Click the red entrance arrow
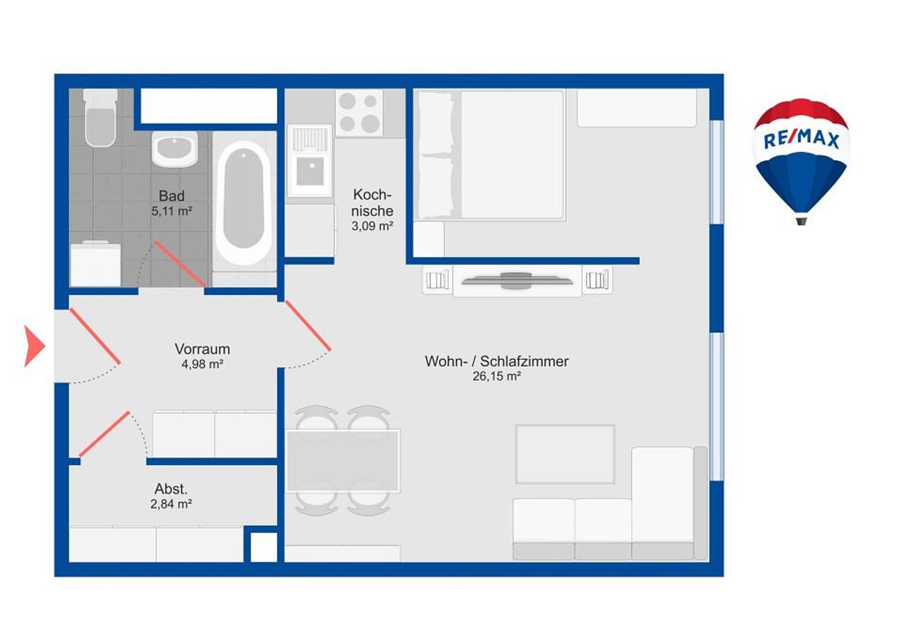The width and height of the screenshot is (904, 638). tap(35, 346)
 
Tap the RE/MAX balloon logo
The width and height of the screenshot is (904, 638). tap(802, 162)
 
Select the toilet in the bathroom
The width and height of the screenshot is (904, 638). tap(100, 118)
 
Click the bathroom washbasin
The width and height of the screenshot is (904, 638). tap(174, 148)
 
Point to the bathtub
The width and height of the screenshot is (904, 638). tap(243, 203)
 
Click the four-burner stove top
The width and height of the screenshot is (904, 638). tap(359, 112)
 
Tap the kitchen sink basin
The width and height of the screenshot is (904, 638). tap(310, 171)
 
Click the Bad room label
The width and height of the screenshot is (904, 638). tap(172, 196)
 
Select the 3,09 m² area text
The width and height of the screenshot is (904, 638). tap(372, 226)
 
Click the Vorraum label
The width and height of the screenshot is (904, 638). tap(202, 349)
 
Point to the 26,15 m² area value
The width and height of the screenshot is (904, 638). tap(496, 376)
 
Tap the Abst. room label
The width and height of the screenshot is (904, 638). tap(171, 489)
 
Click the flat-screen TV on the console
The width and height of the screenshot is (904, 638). tap(516, 281)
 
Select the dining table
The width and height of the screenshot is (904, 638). tap(343, 461)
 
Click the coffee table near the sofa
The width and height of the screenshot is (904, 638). tap(566, 454)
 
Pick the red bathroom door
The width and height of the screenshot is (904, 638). tap(180, 264)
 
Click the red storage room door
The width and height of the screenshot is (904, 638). tap(104, 434)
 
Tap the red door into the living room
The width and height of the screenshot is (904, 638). tap(309, 325)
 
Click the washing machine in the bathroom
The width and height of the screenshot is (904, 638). tap(95, 264)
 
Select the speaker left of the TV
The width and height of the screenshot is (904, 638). tap(437, 280)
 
